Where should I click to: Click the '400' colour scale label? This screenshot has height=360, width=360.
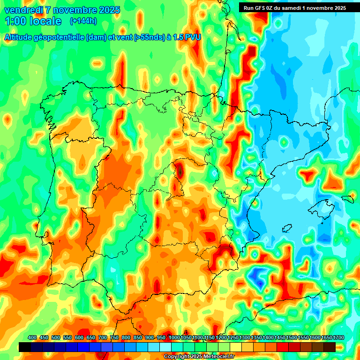(32, 338)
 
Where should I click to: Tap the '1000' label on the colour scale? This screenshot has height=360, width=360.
(174, 338)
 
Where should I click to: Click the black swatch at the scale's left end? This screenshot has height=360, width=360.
(25, 347)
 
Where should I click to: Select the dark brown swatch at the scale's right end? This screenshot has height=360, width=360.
(329, 347)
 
